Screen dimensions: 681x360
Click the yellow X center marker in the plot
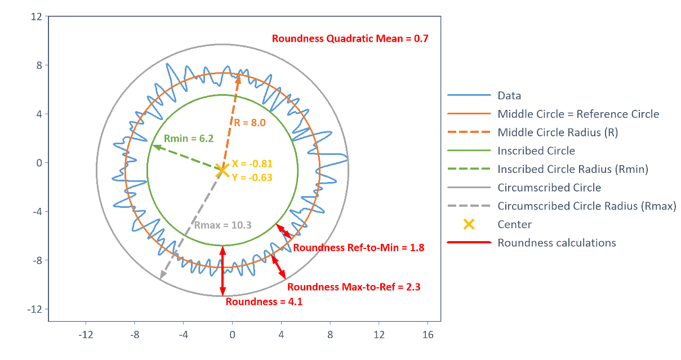[x=222, y=171]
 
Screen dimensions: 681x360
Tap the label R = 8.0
[x=250, y=122]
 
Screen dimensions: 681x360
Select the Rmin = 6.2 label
[x=189, y=139]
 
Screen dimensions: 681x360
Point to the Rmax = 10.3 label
[x=223, y=225]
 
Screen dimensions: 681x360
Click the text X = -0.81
[x=252, y=163]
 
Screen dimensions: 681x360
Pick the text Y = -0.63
[x=252, y=177]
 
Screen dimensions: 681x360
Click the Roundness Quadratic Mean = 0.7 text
[x=350, y=39]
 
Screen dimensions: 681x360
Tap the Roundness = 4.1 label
[x=264, y=301]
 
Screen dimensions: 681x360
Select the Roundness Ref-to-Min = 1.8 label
[x=358, y=247]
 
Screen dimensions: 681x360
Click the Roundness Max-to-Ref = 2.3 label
[x=354, y=287]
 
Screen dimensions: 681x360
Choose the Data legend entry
[x=509, y=95]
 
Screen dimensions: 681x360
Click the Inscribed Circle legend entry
[x=536, y=151]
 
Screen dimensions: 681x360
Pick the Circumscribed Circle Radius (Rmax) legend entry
[x=587, y=206]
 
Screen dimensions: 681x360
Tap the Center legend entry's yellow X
[x=469, y=224]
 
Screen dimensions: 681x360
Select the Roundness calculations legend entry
[x=557, y=243]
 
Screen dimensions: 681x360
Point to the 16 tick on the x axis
[x=428, y=335]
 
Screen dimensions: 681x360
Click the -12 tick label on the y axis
[x=34, y=309]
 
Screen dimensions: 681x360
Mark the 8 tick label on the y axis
[x=39, y=65]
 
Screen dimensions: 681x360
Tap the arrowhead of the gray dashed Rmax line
[x=162, y=275]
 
